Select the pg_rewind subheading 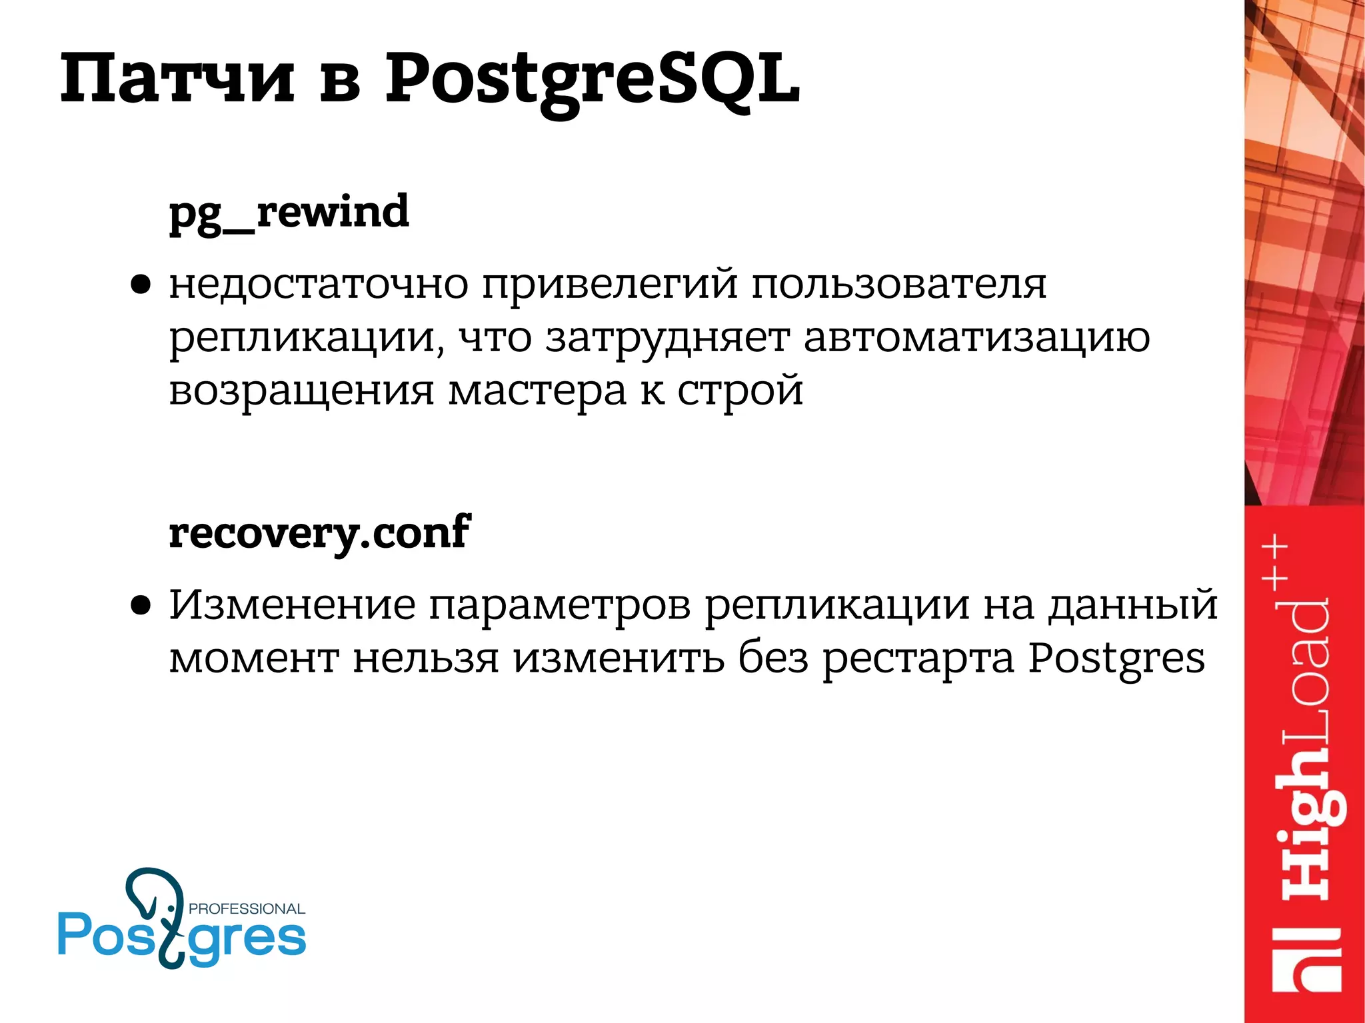[x=289, y=212]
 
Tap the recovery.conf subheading [x=319, y=533]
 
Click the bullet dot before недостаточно [x=141, y=285]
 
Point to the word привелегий [x=610, y=285]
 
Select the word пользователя [x=899, y=285]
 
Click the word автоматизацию [x=976, y=339]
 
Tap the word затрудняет [x=667, y=339]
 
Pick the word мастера [x=537, y=391]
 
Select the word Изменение [x=292, y=605]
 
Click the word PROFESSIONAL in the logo [x=247, y=909]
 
